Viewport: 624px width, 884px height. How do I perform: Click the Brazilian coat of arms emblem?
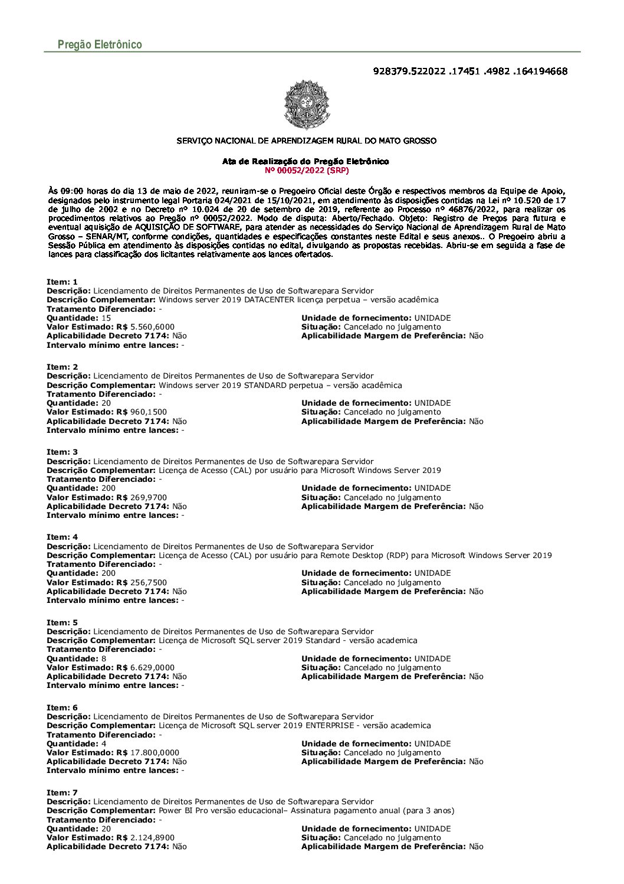pos(307,105)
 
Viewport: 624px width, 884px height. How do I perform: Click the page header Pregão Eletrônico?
pos(100,45)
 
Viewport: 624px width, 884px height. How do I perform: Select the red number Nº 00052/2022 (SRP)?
pos(307,171)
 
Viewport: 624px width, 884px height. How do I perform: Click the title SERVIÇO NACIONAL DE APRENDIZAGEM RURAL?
pos(307,141)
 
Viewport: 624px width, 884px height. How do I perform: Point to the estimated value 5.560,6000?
pos(152,327)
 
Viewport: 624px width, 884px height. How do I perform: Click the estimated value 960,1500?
pos(148,412)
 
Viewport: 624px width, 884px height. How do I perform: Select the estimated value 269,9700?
pos(148,497)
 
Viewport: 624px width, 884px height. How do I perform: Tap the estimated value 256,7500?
pos(148,582)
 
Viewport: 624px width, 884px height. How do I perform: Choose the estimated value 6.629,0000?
pos(152,667)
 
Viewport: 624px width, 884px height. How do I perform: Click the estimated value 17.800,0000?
pos(155,752)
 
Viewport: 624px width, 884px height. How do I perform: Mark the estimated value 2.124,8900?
pos(152,837)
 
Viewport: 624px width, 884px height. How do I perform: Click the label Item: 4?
pos(62,537)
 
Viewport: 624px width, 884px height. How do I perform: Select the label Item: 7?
pos(62,792)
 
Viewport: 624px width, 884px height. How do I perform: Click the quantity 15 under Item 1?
pos(106,318)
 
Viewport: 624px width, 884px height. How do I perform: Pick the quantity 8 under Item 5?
pos(104,658)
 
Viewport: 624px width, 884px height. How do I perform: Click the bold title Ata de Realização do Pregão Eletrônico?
pos(306,161)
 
